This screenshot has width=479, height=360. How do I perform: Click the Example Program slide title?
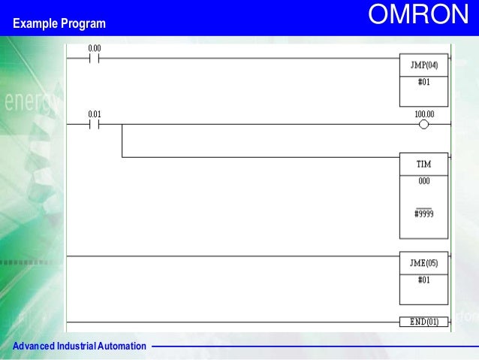click(59, 25)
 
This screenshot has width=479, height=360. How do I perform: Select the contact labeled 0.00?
click(95, 59)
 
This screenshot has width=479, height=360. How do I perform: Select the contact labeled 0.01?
click(95, 125)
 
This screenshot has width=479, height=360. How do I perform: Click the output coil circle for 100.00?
click(424, 125)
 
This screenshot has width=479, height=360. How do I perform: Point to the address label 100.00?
click(424, 114)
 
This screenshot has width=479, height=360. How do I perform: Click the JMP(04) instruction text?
click(424, 65)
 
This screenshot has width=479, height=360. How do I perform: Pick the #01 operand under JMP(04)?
click(424, 82)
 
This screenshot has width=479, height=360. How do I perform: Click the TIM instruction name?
click(424, 164)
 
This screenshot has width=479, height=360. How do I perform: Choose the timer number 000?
click(424, 181)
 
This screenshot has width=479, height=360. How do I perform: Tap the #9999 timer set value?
click(424, 214)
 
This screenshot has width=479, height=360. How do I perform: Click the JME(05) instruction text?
click(424, 263)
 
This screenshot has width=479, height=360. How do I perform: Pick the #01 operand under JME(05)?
click(424, 280)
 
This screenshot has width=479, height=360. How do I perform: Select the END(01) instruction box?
click(424, 322)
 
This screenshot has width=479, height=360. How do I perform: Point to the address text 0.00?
click(95, 48)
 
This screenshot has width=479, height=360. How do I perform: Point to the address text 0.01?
click(95, 114)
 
